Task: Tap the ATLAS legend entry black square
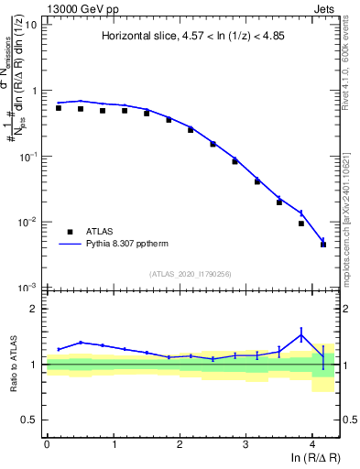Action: coord(70,233)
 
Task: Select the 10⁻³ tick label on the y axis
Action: coord(27,288)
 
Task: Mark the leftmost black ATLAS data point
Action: coord(59,108)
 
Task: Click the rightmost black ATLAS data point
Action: coord(323,245)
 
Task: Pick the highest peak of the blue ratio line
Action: coord(301,335)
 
